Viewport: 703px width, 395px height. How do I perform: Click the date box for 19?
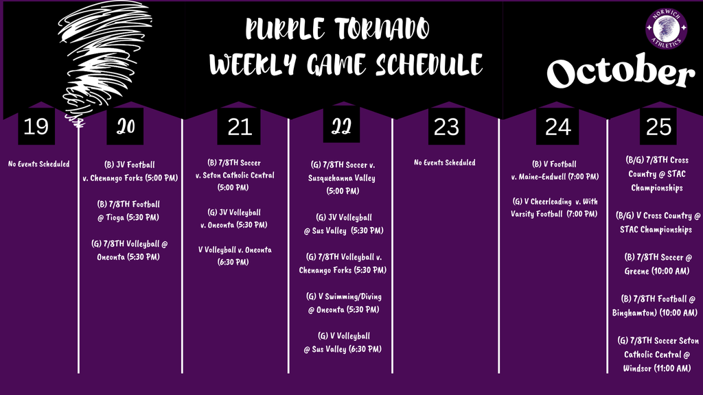(x=36, y=126)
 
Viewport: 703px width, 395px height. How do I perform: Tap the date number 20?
(x=126, y=126)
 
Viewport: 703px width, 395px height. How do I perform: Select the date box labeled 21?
(x=240, y=126)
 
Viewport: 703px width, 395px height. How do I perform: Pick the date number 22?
(x=341, y=126)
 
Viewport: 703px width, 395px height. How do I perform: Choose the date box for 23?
(x=447, y=126)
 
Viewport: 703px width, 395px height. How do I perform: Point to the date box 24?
(x=557, y=126)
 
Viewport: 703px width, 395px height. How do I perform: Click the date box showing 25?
(x=658, y=126)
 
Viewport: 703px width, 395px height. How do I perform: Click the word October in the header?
(x=620, y=73)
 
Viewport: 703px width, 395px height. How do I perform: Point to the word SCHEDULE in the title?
(x=428, y=65)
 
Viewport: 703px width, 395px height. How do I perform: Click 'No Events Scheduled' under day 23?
(x=444, y=163)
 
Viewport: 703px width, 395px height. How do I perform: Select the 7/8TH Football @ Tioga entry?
(x=129, y=211)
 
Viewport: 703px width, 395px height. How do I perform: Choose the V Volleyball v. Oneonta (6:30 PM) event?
(x=235, y=256)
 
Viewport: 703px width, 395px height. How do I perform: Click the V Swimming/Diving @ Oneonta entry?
(x=343, y=303)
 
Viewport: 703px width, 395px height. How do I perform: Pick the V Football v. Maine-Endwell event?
(x=554, y=171)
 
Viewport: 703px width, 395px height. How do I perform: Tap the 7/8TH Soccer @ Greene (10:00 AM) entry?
(x=658, y=264)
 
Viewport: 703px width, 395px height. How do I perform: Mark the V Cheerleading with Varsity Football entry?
(x=554, y=207)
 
